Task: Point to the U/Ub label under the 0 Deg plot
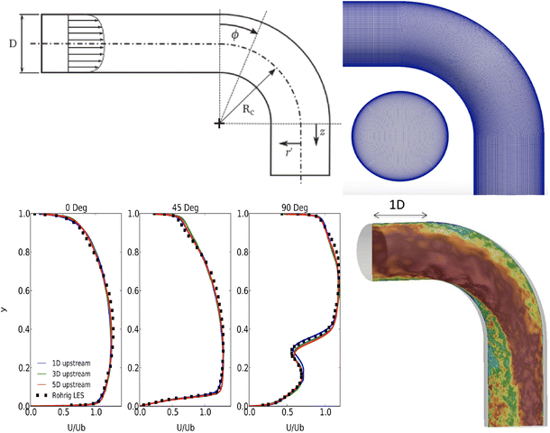(x=72, y=425)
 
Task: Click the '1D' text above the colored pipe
(x=397, y=204)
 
